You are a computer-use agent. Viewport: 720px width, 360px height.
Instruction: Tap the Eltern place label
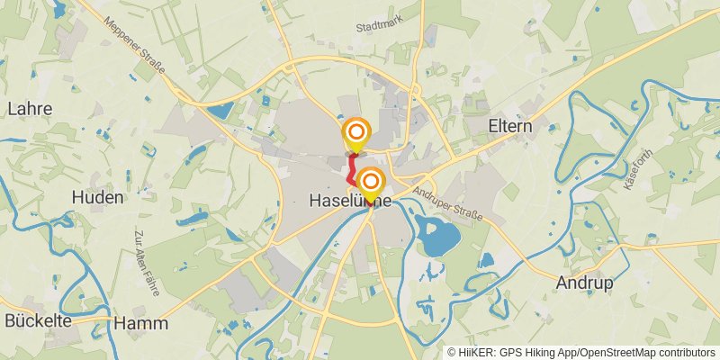tap(510, 127)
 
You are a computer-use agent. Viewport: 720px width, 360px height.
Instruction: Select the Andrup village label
tap(585, 283)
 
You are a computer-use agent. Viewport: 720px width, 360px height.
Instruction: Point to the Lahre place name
tap(29, 109)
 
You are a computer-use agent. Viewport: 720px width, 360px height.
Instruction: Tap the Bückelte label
tap(38, 320)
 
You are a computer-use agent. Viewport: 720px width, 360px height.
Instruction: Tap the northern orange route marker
tap(356, 134)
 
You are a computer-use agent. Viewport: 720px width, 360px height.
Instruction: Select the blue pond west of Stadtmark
tap(220, 112)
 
